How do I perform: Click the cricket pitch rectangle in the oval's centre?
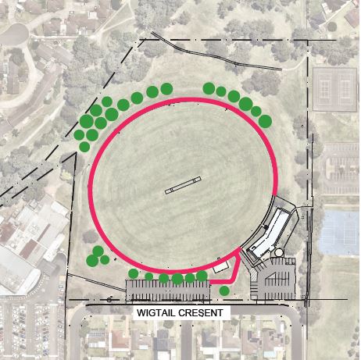pyautogui.click(x=179, y=187)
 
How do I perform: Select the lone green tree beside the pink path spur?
pyautogui.click(x=225, y=291)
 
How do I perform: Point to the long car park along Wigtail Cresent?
pyautogui.click(x=168, y=290)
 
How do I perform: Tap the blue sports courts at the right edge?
pyautogui.click(x=340, y=231)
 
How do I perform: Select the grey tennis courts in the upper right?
pyautogui.click(x=334, y=89)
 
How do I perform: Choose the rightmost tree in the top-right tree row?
pyautogui.click(x=266, y=120)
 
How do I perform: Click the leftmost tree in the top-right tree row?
pyautogui.click(x=209, y=88)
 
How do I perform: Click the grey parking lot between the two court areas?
pyautogui.click(x=341, y=168)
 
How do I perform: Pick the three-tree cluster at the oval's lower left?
pyautogui.click(x=95, y=257)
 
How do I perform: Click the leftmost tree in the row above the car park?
pyautogui.click(x=134, y=273)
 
